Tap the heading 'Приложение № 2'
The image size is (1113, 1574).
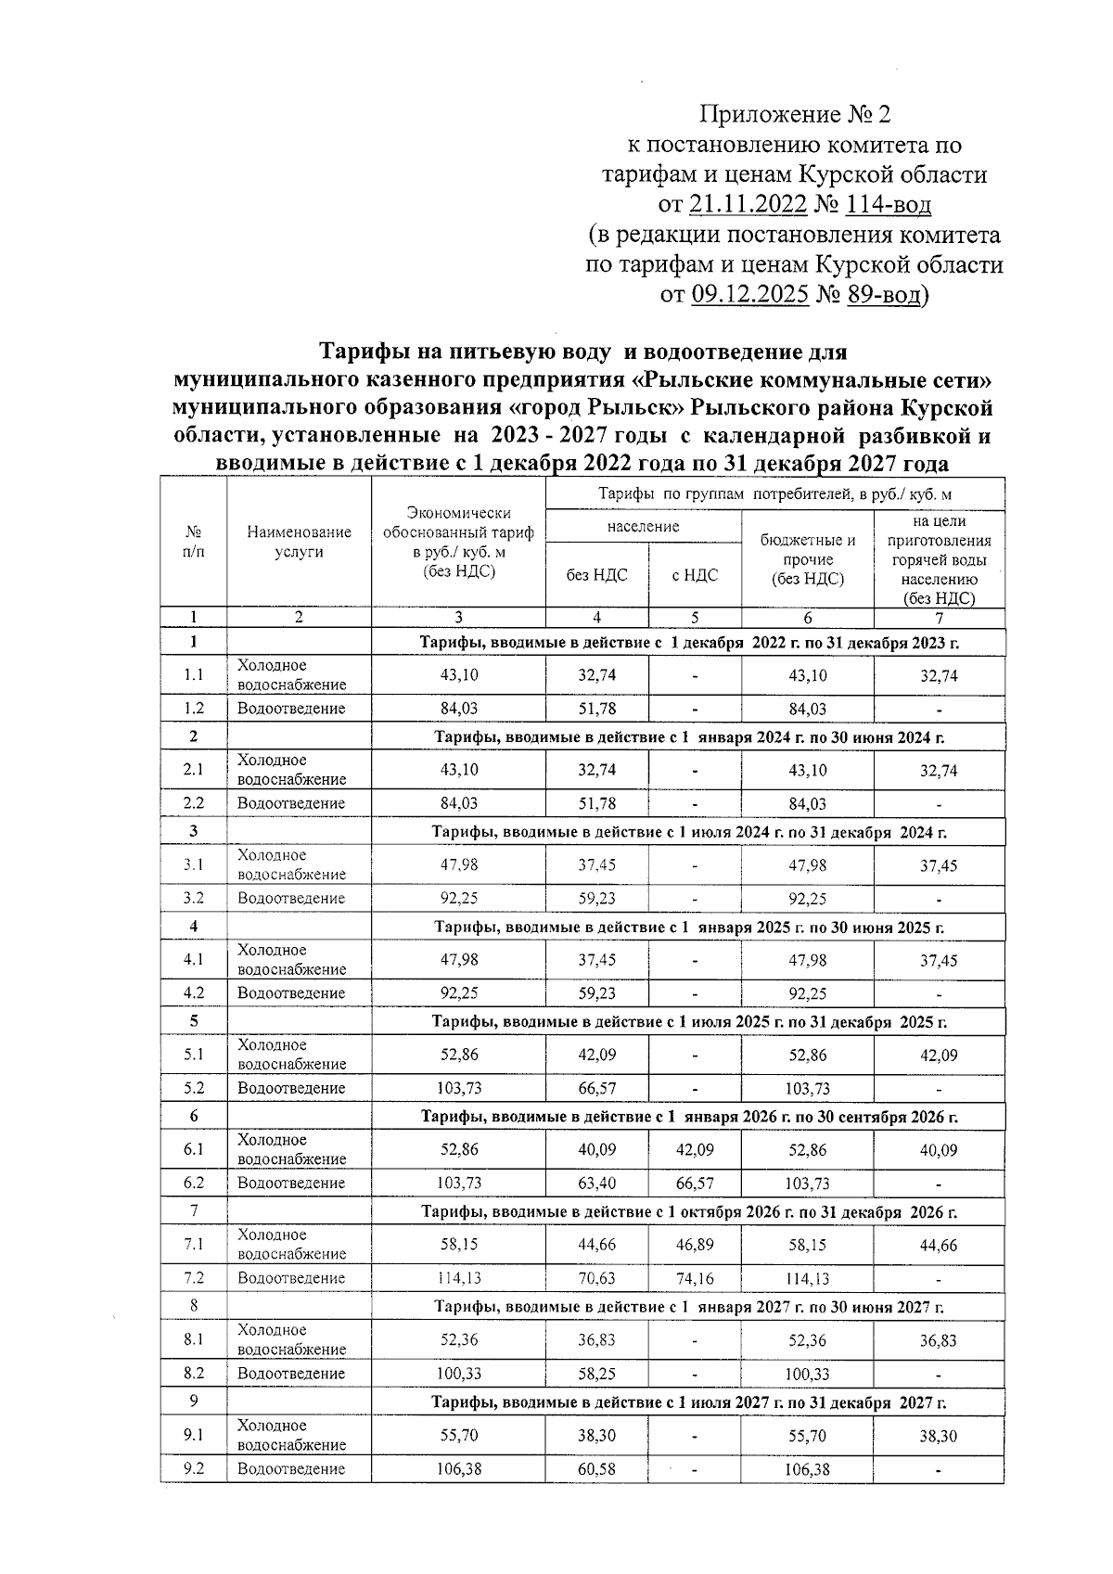[x=794, y=115]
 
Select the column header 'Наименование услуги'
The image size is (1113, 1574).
[x=299, y=542]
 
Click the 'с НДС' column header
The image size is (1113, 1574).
[x=695, y=575]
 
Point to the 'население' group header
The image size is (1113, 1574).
[x=644, y=526]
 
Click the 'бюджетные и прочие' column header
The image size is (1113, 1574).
[x=807, y=559]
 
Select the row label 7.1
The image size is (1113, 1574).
[x=194, y=1244]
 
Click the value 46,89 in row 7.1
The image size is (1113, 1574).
[x=695, y=1245]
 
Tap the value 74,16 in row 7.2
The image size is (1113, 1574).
[x=695, y=1278]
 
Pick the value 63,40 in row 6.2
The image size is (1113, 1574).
[x=596, y=1183]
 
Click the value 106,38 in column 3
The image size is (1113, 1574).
[x=459, y=1468]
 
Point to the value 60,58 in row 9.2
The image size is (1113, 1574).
[x=596, y=1468]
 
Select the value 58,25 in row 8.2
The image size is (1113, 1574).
[x=596, y=1374]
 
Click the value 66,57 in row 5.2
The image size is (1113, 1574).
[x=596, y=1088]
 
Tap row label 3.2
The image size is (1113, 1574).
[x=194, y=898]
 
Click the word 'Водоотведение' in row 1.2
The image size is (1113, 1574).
[x=291, y=709]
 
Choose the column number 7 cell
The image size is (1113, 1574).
[x=939, y=618]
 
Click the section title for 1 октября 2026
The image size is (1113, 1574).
[x=689, y=1211]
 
